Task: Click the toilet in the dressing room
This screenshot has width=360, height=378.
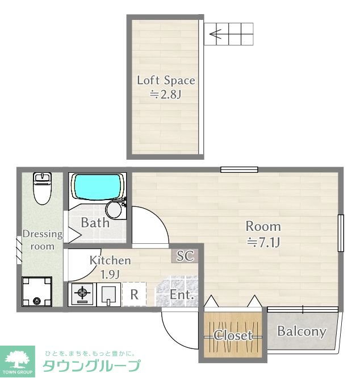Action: (x=43, y=189)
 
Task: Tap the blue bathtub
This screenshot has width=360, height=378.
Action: (x=98, y=186)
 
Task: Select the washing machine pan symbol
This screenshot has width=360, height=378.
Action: (x=37, y=292)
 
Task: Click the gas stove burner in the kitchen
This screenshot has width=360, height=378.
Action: (x=82, y=293)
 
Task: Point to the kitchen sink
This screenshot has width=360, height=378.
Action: (x=108, y=294)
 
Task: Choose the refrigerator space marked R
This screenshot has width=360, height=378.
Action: (x=134, y=294)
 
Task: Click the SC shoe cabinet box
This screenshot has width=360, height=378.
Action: (x=185, y=256)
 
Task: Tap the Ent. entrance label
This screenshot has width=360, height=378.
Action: (x=182, y=294)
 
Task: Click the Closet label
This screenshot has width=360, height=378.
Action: (x=233, y=335)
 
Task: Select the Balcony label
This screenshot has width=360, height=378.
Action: (x=302, y=332)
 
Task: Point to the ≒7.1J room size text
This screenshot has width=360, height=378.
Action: (x=263, y=242)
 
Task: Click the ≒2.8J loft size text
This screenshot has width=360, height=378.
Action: (x=165, y=94)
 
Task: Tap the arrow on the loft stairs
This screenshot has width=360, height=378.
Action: (x=215, y=34)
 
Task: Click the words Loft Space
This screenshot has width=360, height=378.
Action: (x=166, y=80)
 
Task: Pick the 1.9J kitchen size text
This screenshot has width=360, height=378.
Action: (x=110, y=275)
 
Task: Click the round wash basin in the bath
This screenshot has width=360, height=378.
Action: (x=114, y=210)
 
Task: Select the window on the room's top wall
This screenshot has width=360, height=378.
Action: (x=239, y=170)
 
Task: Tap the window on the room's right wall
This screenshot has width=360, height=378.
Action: (x=341, y=233)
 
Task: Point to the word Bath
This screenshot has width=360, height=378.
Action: (x=95, y=222)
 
